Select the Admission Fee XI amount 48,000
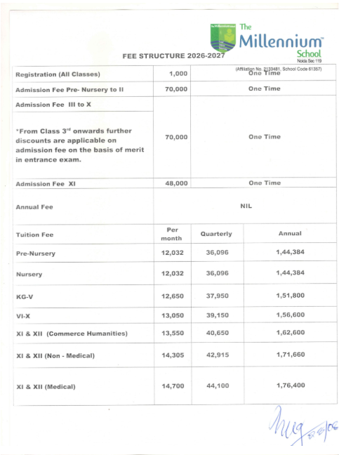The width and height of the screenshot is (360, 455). [x=175, y=183]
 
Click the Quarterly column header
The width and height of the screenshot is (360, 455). [x=216, y=233]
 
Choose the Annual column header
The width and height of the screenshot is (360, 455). [x=291, y=233]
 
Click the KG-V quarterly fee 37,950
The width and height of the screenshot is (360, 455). [x=216, y=296]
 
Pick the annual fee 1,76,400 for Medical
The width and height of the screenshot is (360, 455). [x=291, y=386]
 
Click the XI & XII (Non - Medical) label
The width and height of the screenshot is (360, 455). [x=55, y=355]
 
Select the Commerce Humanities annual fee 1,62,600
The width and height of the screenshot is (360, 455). [x=291, y=333]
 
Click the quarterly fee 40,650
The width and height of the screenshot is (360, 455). [x=216, y=333]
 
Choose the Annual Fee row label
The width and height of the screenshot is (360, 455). [x=34, y=207]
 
